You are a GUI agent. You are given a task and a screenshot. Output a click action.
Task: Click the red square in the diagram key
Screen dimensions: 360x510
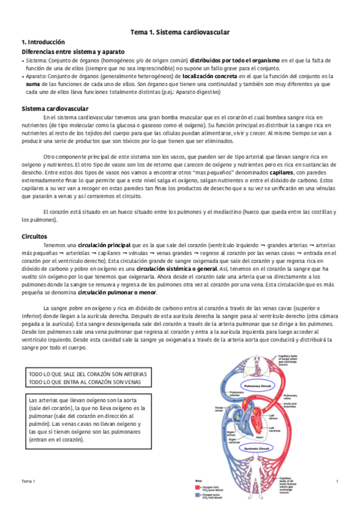pos(199,487)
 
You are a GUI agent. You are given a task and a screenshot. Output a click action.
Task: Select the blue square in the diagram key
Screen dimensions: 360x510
pos(199,496)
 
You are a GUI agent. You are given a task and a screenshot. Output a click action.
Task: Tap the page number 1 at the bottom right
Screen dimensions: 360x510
pos(337,482)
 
